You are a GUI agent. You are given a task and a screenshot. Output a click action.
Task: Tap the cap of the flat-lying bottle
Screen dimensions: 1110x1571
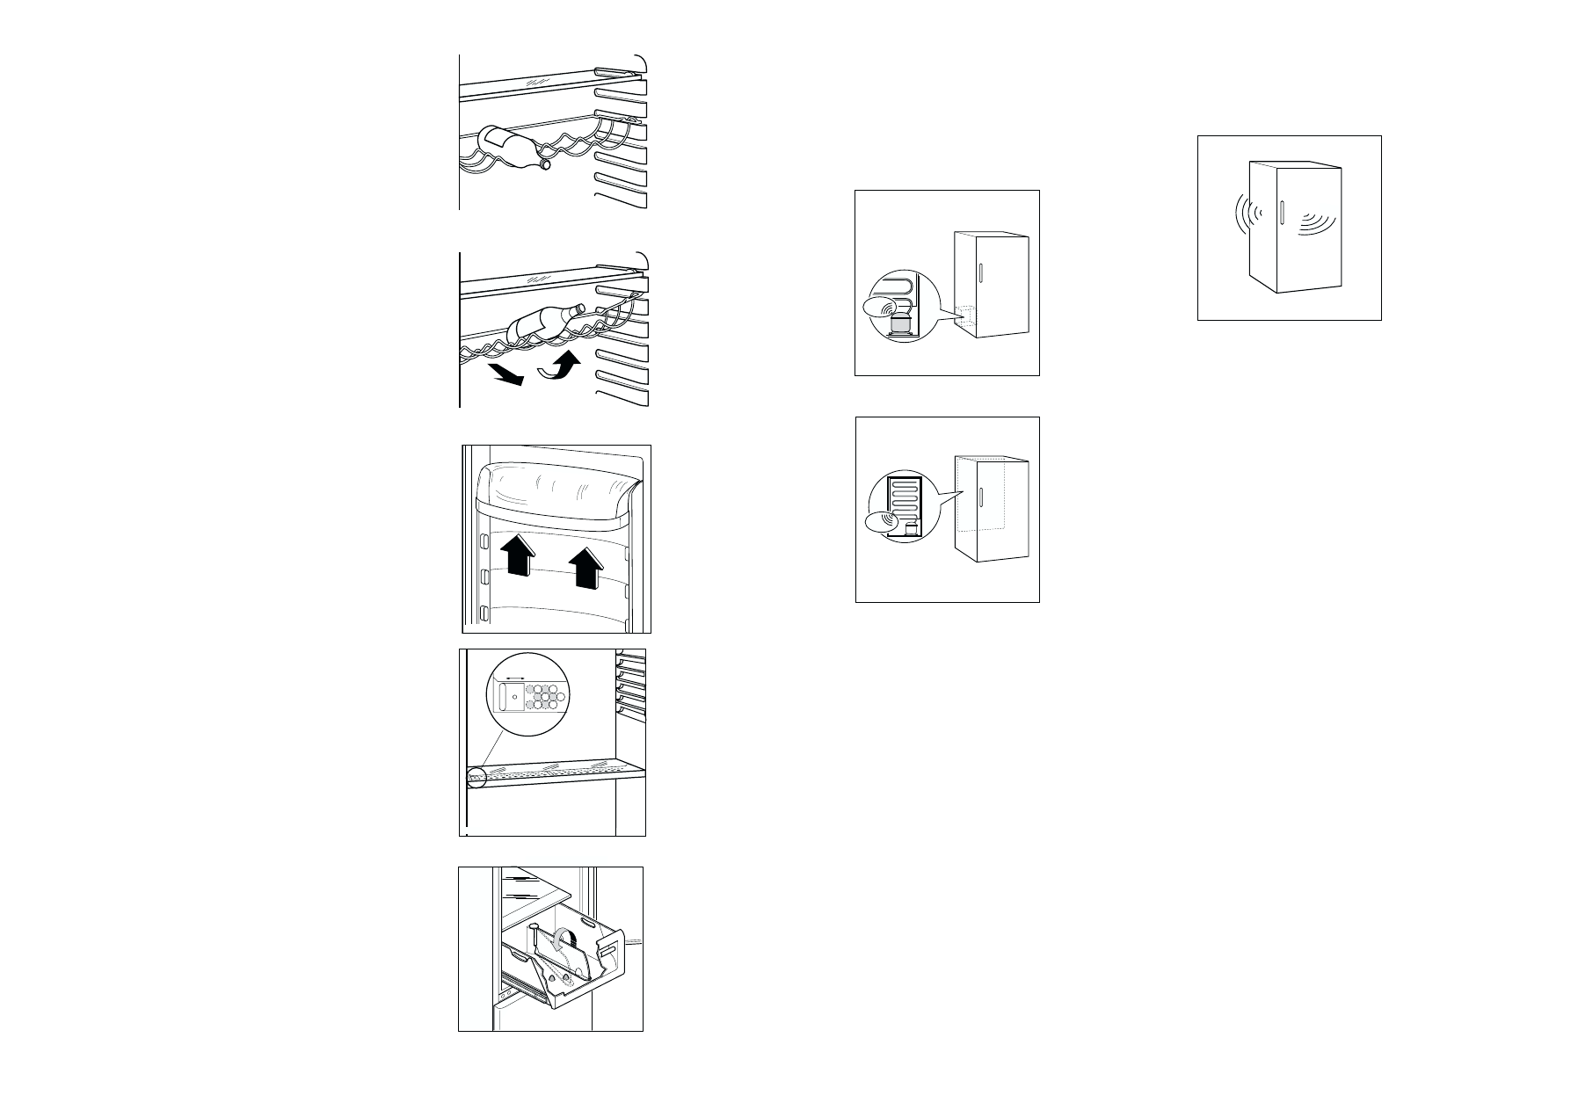pos(545,163)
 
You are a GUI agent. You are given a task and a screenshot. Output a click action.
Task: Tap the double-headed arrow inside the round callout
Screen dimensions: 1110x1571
pos(512,678)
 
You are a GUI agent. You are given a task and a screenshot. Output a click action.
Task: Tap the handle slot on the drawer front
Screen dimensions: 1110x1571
pos(607,951)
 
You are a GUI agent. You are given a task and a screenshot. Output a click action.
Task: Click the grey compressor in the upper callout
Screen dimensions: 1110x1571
pos(899,324)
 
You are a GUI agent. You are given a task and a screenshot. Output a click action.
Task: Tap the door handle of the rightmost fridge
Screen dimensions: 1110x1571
pos(1283,213)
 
